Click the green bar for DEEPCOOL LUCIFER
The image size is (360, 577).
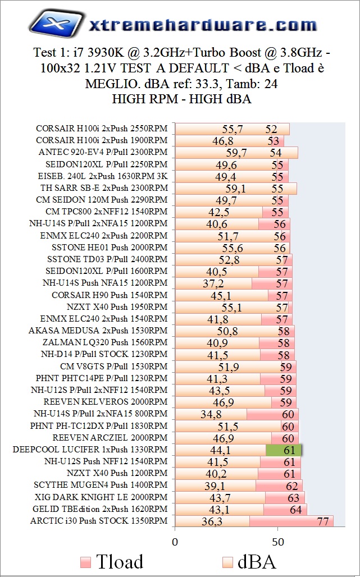click(x=284, y=450)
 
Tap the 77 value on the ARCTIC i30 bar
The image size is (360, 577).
click(x=322, y=521)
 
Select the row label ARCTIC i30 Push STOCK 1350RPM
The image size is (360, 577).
click(x=99, y=521)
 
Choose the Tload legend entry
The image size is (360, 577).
click(x=112, y=561)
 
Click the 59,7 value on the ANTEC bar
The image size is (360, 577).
click(x=236, y=152)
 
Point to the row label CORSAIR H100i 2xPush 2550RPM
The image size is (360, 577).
click(x=102, y=129)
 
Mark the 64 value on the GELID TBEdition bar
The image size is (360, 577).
click(x=295, y=510)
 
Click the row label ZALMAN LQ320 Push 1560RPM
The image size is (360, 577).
click(x=105, y=342)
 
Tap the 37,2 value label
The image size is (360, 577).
click(x=213, y=283)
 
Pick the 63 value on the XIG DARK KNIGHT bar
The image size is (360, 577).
click(x=293, y=498)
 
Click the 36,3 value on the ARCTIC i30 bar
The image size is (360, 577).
click(x=213, y=521)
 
